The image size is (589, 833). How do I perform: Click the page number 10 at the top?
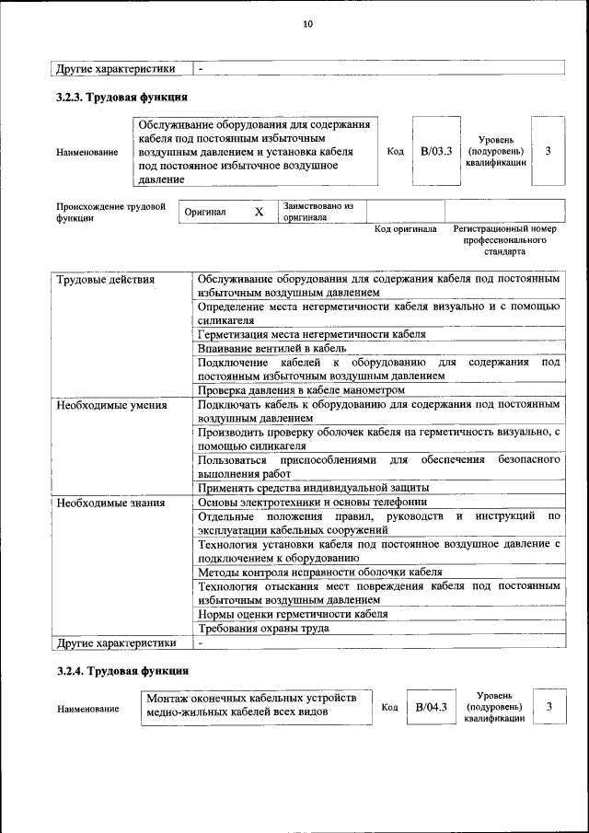tap(308, 24)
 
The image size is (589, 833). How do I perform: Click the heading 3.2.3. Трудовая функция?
tap(122, 97)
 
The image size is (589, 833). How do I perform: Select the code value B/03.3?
tap(435, 151)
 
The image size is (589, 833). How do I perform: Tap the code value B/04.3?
tap(431, 707)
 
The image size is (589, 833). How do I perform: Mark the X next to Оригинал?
tap(259, 212)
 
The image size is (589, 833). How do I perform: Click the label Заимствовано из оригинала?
tap(318, 212)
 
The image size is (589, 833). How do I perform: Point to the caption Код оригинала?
tap(406, 229)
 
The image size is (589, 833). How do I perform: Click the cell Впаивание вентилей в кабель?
tap(271, 349)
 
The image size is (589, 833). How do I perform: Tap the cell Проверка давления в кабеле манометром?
tap(301, 390)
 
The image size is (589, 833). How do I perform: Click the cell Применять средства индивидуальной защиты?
tap(313, 488)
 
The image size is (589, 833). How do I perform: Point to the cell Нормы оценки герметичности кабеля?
tap(292, 613)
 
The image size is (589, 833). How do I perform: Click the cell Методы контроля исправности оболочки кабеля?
tap(314, 572)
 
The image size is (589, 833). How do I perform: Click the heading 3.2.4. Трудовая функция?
tap(122, 671)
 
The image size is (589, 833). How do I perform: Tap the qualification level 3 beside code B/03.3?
tap(548, 151)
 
